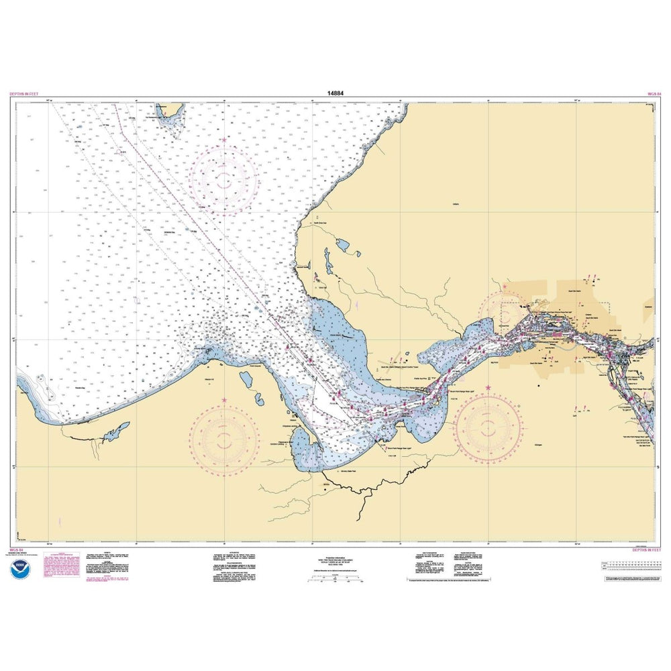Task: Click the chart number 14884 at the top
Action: [x=335, y=94]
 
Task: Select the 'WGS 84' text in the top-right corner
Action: [x=654, y=95]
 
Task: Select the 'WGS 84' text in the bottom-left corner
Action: [x=16, y=550]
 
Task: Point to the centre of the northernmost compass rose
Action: [x=223, y=178]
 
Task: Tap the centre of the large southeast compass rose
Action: [x=488, y=427]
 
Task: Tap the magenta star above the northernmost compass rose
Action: [x=223, y=140]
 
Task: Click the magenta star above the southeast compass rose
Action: [x=488, y=389]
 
